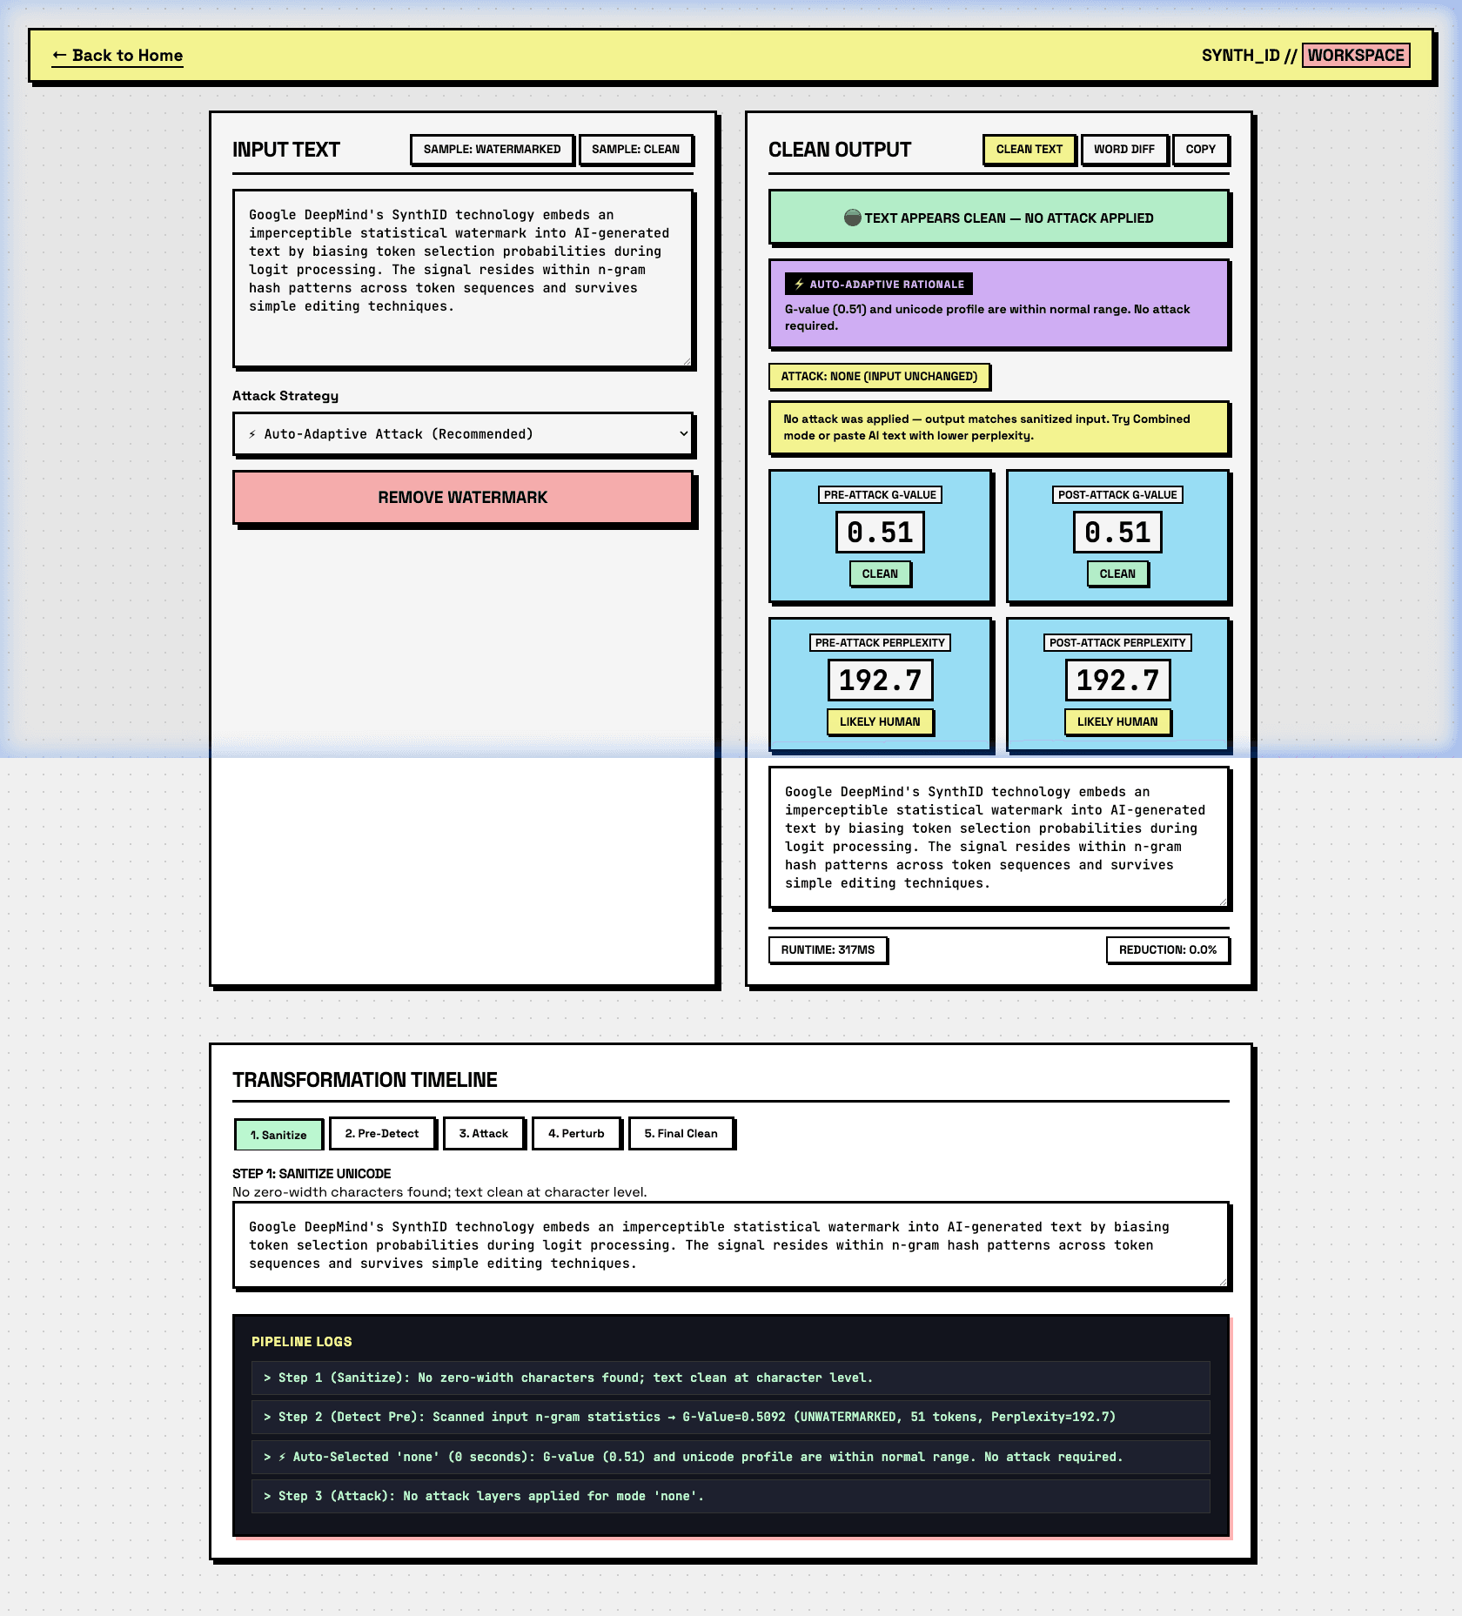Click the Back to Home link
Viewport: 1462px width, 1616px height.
pyautogui.click(x=117, y=56)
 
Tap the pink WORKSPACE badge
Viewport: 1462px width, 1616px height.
pyautogui.click(x=1356, y=56)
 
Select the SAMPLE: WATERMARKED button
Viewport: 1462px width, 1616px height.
pyautogui.click(x=492, y=150)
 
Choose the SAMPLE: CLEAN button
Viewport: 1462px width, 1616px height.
pyautogui.click(x=635, y=150)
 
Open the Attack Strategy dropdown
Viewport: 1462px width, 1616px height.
pyautogui.click(x=463, y=434)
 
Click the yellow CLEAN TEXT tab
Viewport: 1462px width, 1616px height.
pyautogui.click(x=1029, y=150)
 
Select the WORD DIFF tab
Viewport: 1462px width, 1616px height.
pyautogui.click(x=1124, y=150)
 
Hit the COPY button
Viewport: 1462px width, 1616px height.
pyautogui.click(x=1200, y=150)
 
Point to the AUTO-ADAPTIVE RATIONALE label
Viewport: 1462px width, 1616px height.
pyautogui.click(x=879, y=285)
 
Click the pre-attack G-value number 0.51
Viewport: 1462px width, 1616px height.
pyautogui.click(x=880, y=533)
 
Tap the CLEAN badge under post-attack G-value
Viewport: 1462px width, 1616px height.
pyautogui.click(x=1117, y=574)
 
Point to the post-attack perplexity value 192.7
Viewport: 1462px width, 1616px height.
pyautogui.click(x=1117, y=681)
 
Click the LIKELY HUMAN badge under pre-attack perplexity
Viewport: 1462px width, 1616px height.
pyautogui.click(x=880, y=722)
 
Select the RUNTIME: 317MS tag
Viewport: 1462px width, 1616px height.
pyautogui.click(x=828, y=950)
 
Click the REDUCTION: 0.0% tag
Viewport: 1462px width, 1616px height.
pyautogui.click(x=1168, y=950)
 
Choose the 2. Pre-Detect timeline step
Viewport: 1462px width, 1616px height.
pyautogui.click(x=382, y=1134)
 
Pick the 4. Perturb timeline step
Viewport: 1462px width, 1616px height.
pyautogui.click(x=576, y=1134)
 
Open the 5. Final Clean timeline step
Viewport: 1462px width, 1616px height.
pyautogui.click(x=681, y=1134)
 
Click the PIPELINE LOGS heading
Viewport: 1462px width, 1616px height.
pyautogui.click(x=302, y=1342)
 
